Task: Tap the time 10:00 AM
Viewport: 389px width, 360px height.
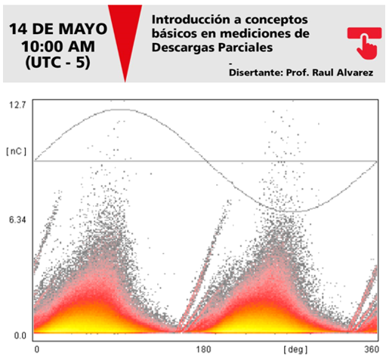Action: click(x=58, y=47)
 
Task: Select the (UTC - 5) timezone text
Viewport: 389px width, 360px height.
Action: click(x=57, y=63)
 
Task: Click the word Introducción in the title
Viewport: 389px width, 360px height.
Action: click(x=191, y=20)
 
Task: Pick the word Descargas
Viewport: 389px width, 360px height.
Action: click(x=183, y=48)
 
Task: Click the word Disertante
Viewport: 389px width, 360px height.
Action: click(x=256, y=72)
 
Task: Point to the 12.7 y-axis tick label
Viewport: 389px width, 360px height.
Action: click(x=17, y=105)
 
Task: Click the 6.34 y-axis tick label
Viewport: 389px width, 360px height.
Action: click(x=17, y=220)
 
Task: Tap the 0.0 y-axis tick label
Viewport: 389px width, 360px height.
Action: click(x=20, y=336)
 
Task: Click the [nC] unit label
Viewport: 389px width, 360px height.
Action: click(x=17, y=152)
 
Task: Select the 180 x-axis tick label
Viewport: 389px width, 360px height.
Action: click(x=203, y=349)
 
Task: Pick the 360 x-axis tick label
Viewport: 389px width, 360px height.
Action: click(x=371, y=349)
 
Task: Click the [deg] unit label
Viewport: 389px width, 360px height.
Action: click(x=295, y=349)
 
